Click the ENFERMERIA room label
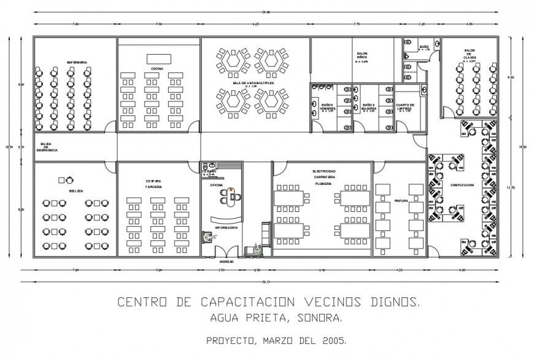pyautogui.click(x=77, y=62)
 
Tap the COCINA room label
pyautogui.click(x=157, y=68)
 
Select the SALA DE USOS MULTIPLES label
pyautogui.click(x=253, y=83)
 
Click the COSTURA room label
pyautogui.click(x=153, y=181)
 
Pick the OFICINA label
pyautogui.click(x=217, y=184)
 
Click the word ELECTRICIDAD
pyautogui.click(x=323, y=171)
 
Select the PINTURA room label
pyautogui.click(x=401, y=201)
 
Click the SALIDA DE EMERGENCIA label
pyautogui.click(x=47, y=147)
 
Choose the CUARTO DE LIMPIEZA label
pyautogui.click(x=405, y=107)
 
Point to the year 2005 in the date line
pyautogui.click(x=334, y=339)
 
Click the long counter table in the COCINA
pyautogui.click(x=158, y=58)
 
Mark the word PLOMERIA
pyautogui.click(x=323, y=183)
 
